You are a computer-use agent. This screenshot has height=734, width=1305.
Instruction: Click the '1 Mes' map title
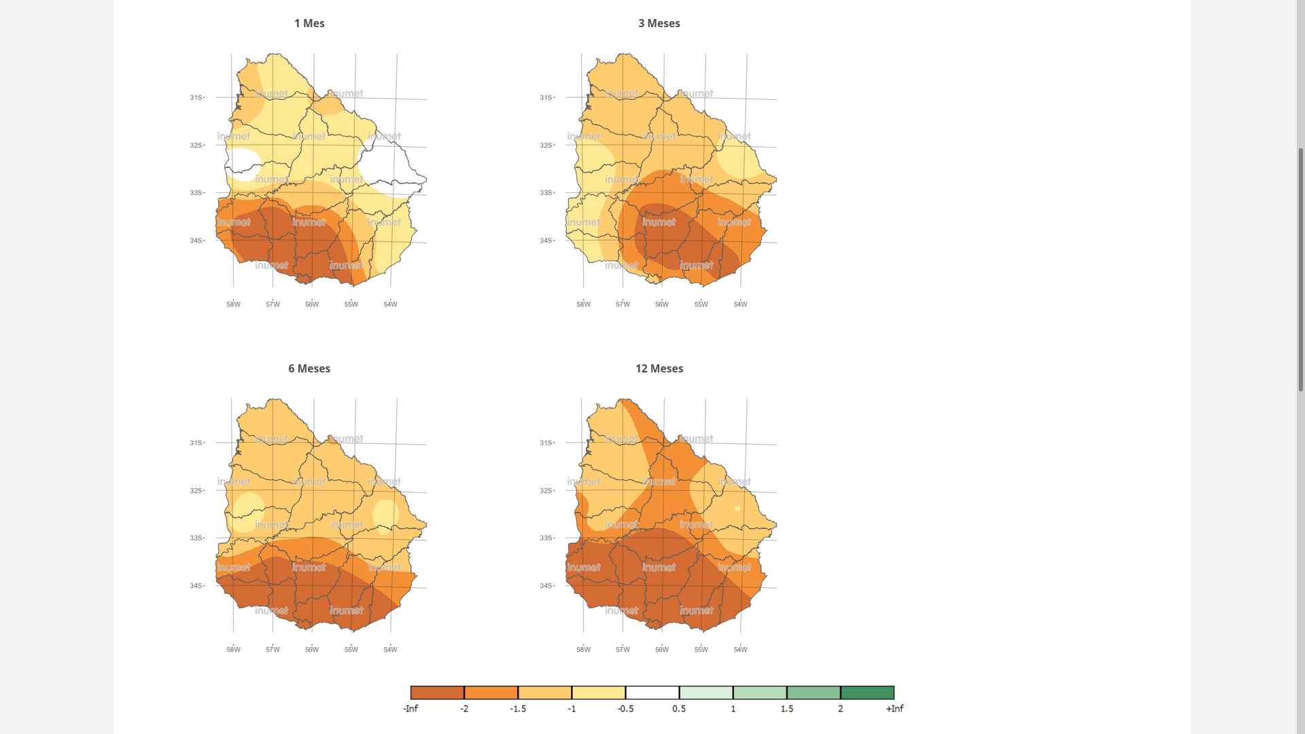[x=309, y=24]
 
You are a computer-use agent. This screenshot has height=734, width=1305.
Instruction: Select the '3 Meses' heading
[x=659, y=24]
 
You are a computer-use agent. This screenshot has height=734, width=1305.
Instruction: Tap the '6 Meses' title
[x=309, y=369]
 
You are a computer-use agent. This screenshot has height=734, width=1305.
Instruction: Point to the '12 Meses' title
[x=659, y=369]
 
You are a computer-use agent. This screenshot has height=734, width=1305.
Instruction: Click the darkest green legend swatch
[x=867, y=693]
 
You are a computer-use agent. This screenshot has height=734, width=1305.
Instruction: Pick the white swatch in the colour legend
[x=652, y=693]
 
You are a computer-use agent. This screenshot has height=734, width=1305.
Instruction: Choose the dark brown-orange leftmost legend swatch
[x=437, y=693]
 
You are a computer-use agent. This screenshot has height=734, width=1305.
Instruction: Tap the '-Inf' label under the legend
[x=411, y=709]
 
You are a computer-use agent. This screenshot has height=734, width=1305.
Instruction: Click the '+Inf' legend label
[x=894, y=709]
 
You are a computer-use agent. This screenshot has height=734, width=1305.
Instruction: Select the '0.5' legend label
[x=679, y=709]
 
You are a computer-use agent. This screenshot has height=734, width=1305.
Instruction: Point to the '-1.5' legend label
[x=518, y=709]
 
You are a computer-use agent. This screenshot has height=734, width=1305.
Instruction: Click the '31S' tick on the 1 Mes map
[x=196, y=98]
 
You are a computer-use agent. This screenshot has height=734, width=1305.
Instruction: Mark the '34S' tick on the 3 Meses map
[x=546, y=241]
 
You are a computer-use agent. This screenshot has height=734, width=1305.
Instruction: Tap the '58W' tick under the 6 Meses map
[x=233, y=650]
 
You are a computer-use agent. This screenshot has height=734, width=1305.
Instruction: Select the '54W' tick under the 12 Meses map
[x=740, y=650]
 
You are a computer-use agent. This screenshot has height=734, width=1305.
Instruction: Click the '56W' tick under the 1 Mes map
[x=311, y=304]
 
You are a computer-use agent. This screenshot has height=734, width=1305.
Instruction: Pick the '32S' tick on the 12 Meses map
[x=546, y=491]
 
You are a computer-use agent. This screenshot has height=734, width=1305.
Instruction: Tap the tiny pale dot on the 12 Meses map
[x=737, y=508]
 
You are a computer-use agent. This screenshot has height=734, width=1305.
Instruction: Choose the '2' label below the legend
[x=840, y=709]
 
